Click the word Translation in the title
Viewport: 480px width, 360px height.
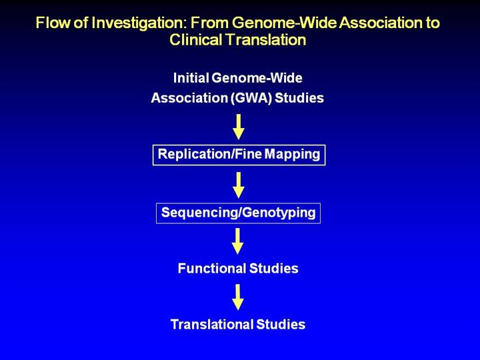pos(268,40)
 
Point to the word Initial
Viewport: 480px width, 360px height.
pos(191,79)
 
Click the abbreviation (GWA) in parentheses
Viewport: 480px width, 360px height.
pos(246,98)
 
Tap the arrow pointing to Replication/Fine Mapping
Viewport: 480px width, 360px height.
pos(238,126)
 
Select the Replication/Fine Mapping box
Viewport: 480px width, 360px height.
pos(239,155)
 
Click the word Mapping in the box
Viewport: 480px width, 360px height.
pos(293,155)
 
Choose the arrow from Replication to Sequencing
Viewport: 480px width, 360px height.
pos(238,184)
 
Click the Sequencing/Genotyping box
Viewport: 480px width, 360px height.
pos(238,213)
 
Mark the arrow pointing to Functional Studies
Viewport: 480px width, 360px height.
pos(238,241)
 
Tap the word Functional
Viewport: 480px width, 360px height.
pos(211,269)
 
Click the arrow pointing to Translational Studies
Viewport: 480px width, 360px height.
pos(238,297)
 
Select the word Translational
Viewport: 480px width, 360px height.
pos(211,325)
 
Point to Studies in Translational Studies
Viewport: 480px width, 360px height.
pos(281,325)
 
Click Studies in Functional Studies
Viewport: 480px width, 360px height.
pos(273,269)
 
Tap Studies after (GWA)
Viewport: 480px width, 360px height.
pos(299,98)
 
